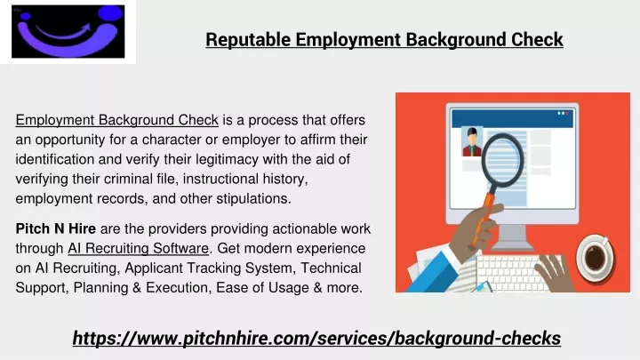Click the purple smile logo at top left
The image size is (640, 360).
pos(68,32)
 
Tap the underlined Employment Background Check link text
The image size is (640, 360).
pos(117,120)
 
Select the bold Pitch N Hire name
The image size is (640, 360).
pos(55,228)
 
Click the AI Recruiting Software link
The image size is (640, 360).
pos(139,248)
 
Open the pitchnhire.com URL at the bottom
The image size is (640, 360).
pos(316,339)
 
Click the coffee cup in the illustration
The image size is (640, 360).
pos(595,257)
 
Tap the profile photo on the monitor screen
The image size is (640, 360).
pos(472,141)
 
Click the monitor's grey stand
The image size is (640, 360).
pos(512,237)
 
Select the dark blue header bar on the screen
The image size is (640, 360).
pos(512,118)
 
